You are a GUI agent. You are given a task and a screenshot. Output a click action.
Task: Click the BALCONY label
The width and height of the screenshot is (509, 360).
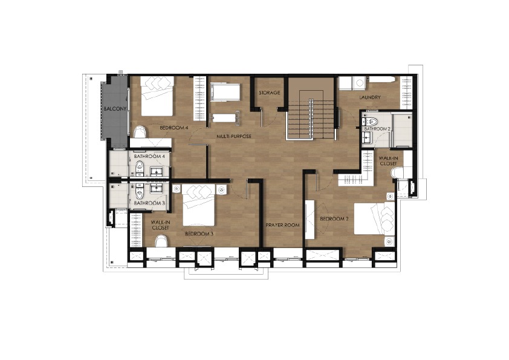coord(115,109)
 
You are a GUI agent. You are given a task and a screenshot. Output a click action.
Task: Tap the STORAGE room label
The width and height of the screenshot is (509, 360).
coord(270,93)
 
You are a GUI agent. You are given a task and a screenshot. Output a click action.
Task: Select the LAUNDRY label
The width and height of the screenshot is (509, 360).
coord(370,97)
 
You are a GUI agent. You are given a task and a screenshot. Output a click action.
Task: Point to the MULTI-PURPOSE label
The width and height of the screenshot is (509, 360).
coord(234,137)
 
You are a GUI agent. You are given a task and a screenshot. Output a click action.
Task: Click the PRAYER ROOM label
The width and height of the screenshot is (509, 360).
coord(282,225)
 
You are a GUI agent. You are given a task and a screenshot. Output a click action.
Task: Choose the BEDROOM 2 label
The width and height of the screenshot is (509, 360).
coord(334,219)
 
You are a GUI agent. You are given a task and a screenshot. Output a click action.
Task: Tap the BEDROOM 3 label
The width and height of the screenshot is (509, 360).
coord(199,234)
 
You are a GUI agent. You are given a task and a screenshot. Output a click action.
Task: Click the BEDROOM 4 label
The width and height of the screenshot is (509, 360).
coord(174,128)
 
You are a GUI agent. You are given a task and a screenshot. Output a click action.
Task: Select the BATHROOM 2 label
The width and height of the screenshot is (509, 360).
coord(377,129)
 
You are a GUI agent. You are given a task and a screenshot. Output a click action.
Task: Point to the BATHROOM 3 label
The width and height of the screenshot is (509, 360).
coord(149,203)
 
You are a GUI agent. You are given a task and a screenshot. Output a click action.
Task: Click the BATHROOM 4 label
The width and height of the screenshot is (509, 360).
coord(150,156)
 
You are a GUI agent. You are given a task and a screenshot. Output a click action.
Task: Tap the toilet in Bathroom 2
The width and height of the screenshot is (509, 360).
coord(371,121)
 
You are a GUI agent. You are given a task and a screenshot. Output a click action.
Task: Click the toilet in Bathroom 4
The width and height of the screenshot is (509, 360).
coord(140,167)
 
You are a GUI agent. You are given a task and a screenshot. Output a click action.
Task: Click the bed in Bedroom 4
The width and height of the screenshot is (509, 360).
coord(157,96)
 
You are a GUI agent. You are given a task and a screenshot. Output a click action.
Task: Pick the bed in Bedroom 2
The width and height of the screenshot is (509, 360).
coord(374,218)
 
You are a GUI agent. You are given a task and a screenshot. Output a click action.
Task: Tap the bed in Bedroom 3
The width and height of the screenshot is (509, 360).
coord(199,205)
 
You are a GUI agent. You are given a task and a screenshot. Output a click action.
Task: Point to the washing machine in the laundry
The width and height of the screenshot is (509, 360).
coord(360,83)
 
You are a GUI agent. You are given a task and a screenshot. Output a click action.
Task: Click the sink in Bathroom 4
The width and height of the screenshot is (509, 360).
coord(157,171)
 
